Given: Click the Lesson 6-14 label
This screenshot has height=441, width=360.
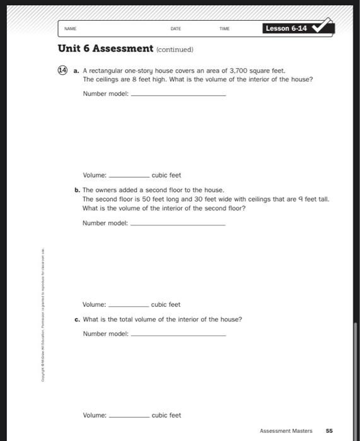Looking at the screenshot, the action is click(x=286, y=28).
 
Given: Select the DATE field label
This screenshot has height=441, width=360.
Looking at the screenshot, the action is click(x=175, y=29).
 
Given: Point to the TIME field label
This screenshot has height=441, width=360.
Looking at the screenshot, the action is click(x=224, y=29).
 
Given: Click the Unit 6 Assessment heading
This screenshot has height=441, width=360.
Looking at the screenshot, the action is click(x=105, y=49).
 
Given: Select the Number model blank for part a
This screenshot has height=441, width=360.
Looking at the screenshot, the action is click(x=178, y=94).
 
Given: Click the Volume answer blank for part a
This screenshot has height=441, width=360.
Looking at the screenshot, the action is click(x=129, y=176).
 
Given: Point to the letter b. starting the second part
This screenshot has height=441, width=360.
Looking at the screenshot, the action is click(x=76, y=190).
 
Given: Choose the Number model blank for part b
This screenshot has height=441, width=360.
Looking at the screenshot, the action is click(x=178, y=224).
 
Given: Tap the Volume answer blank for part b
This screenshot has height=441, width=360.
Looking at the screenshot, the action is click(x=129, y=305).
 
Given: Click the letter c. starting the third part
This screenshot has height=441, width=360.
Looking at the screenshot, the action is click(x=76, y=319).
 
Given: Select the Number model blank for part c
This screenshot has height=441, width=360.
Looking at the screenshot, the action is click(x=178, y=334).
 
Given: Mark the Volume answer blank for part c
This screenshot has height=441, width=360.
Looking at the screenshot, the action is click(x=129, y=416).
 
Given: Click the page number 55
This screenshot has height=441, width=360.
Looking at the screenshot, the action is click(x=329, y=431).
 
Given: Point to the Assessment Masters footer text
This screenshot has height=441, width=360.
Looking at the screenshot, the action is click(x=286, y=431).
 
